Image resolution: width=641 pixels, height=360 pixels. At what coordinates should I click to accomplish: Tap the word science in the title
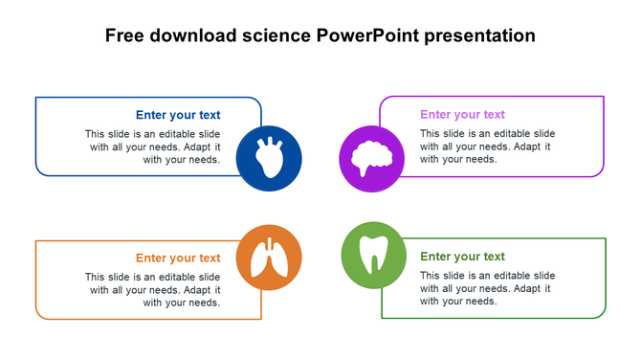pos(276,36)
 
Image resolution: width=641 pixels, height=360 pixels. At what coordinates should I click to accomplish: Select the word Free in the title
pos(125,36)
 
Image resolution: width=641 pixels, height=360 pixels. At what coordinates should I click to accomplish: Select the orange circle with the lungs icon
pos(269,258)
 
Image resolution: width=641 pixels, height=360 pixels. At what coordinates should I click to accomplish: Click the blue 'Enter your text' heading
pos(178,115)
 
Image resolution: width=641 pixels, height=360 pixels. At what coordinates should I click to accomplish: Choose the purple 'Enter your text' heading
pos(462,115)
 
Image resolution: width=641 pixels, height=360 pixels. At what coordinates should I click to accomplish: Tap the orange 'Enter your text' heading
pos(178,259)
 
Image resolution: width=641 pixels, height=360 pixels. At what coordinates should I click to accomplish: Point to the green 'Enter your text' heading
pos(462,257)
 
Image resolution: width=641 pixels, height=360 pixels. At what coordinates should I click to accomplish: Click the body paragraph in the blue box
pos(153,146)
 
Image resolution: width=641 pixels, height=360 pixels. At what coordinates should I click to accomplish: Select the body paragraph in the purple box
pos(487,146)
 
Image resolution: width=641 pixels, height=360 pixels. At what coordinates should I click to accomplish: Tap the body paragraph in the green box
pos(487,288)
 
